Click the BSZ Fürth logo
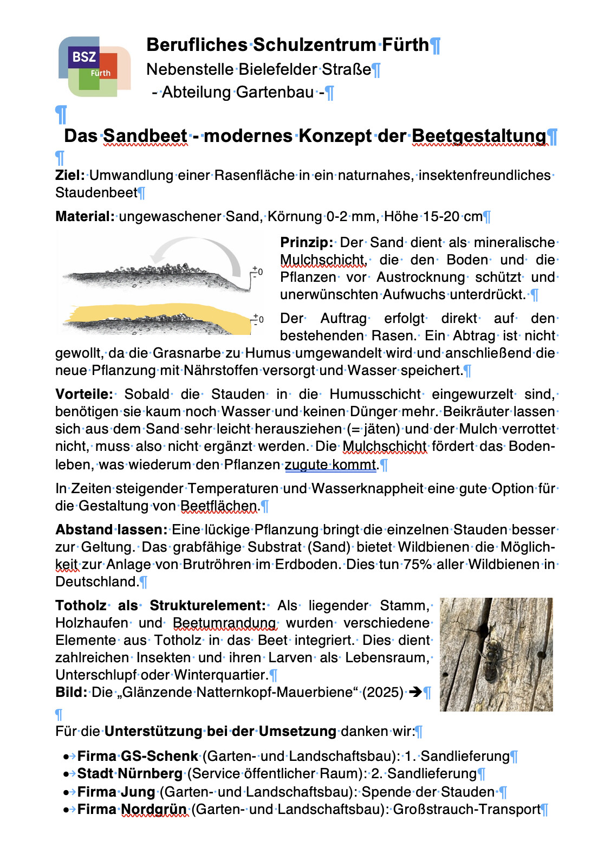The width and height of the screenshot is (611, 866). click(94, 67)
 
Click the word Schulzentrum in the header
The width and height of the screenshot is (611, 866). click(314, 45)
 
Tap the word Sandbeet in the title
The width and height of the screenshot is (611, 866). click(145, 136)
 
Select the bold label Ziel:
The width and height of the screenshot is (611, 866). click(70, 176)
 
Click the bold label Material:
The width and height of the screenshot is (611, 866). click(85, 217)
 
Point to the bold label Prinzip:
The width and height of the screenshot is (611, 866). click(307, 243)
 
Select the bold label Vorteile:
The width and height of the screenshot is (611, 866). click(84, 395)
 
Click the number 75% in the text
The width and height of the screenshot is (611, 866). click(418, 565)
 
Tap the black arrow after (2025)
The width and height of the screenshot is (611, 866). click(415, 693)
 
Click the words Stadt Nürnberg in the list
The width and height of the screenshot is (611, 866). click(129, 774)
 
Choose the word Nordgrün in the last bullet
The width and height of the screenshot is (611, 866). click(154, 810)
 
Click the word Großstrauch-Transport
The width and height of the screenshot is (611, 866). click(467, 810)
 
